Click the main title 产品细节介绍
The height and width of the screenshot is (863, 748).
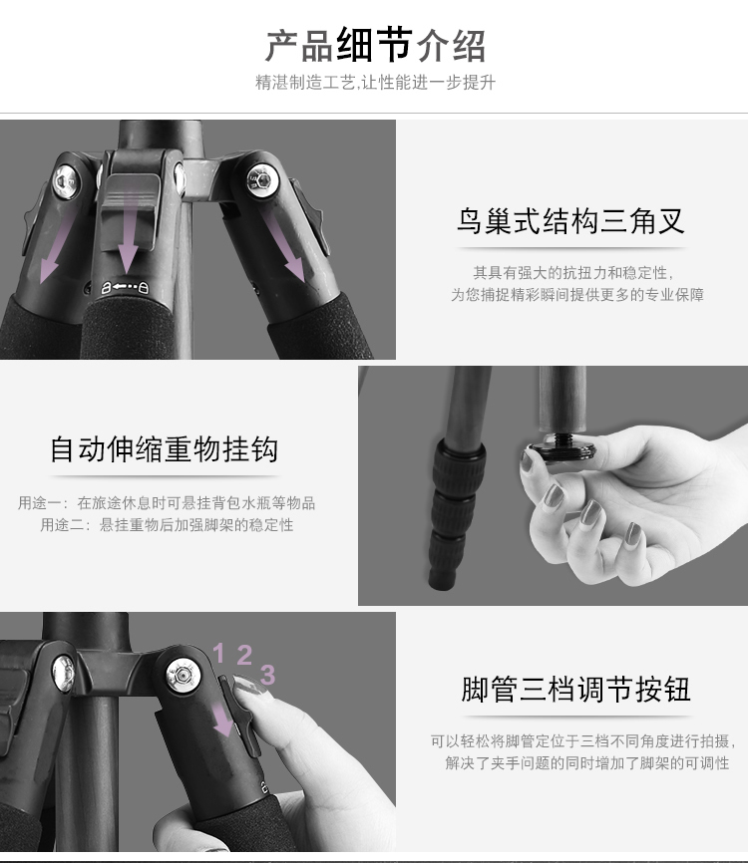pos(375,45)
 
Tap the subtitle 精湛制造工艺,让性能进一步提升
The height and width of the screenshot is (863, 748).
pos(375,83)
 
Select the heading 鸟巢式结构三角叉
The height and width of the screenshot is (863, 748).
pos(570,221)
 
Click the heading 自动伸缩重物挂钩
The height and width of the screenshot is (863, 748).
pos(164,449)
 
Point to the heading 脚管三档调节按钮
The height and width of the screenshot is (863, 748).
pos(576,689)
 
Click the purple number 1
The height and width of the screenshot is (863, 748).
pos(218,654)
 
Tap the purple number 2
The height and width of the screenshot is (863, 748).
pos(244,655)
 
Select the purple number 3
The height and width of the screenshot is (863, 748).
pos(267,675)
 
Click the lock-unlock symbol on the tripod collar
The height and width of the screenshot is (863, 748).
pos(125,287)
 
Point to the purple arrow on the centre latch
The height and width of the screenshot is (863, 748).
pos(129,231)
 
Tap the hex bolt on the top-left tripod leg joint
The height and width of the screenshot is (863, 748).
pos(66,181)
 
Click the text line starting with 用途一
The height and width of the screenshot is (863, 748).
pos(167,502)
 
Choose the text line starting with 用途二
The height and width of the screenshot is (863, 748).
pos(167,524)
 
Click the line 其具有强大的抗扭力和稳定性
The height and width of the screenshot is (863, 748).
pos(572,272)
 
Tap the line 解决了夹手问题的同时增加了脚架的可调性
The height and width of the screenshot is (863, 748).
pos(587,762)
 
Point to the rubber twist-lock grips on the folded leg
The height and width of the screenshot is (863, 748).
pos(454,512)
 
